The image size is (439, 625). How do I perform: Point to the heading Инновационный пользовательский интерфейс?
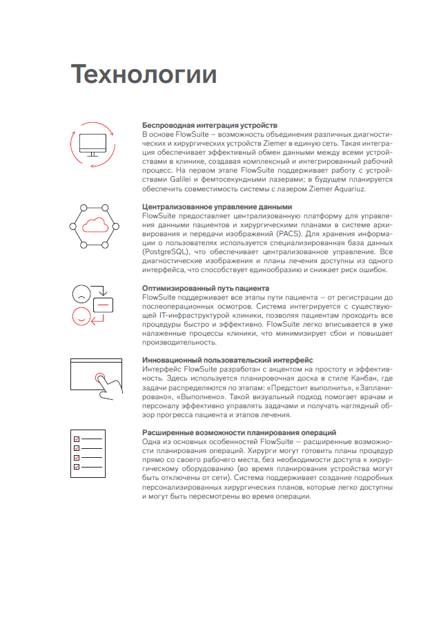pyautogui.click(x=227, y=360)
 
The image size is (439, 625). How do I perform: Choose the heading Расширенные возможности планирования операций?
pyautogui.click(x=240, y=432)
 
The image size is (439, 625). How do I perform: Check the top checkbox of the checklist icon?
pyautogui.click(x=77, y=439)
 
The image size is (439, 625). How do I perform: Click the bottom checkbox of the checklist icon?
pyautogui.click(x=77, y=466)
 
